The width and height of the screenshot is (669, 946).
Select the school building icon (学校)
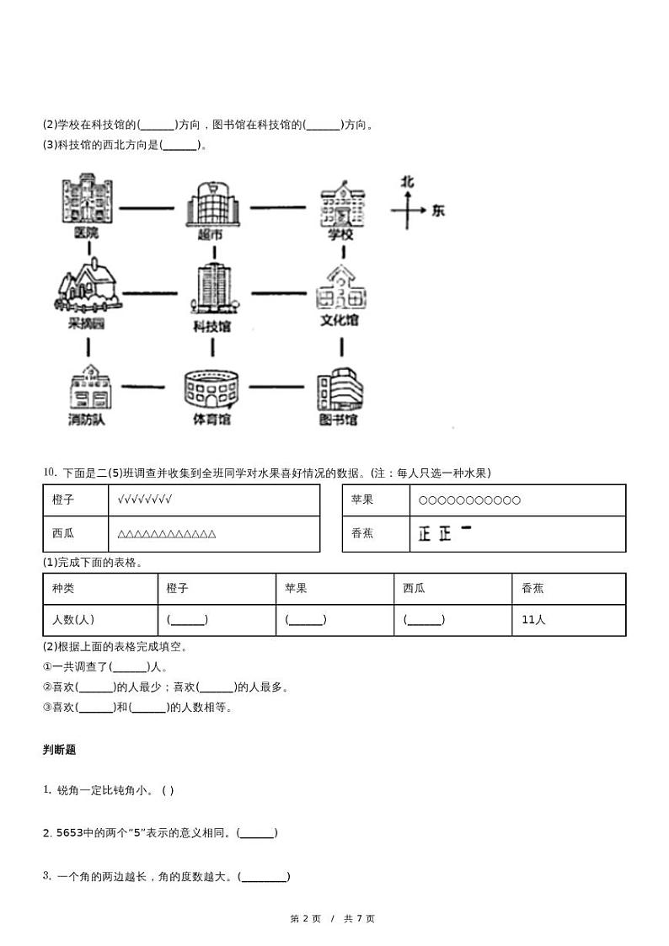pyautogui.click(x=342, y=203)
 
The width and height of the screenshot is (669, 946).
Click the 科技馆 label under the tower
pyautogui.click(x=211, y=326)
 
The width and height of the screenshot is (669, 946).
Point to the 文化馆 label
pyautogui.click(x=340, y=321)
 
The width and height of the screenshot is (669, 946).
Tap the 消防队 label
pyautogui.click(x=88, y=419)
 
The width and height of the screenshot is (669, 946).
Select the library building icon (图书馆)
pyautogui.click(x=340, y=390)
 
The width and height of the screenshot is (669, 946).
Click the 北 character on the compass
pyautogui.click(x=408, y=181)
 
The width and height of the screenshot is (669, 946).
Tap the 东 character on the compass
pyautogui.click(x=437, y=211)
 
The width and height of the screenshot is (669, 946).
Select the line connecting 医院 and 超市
pyautogui.click(x=149, y=206)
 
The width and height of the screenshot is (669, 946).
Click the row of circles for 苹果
pyautogui.click(x=469, y=500)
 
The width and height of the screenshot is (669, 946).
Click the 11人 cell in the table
pyautogui.click(x=533, y=619)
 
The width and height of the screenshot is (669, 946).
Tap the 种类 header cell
pyautogui.click(x=63, y=588)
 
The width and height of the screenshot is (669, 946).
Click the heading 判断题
pyautogui.click(x=59, y=750)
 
